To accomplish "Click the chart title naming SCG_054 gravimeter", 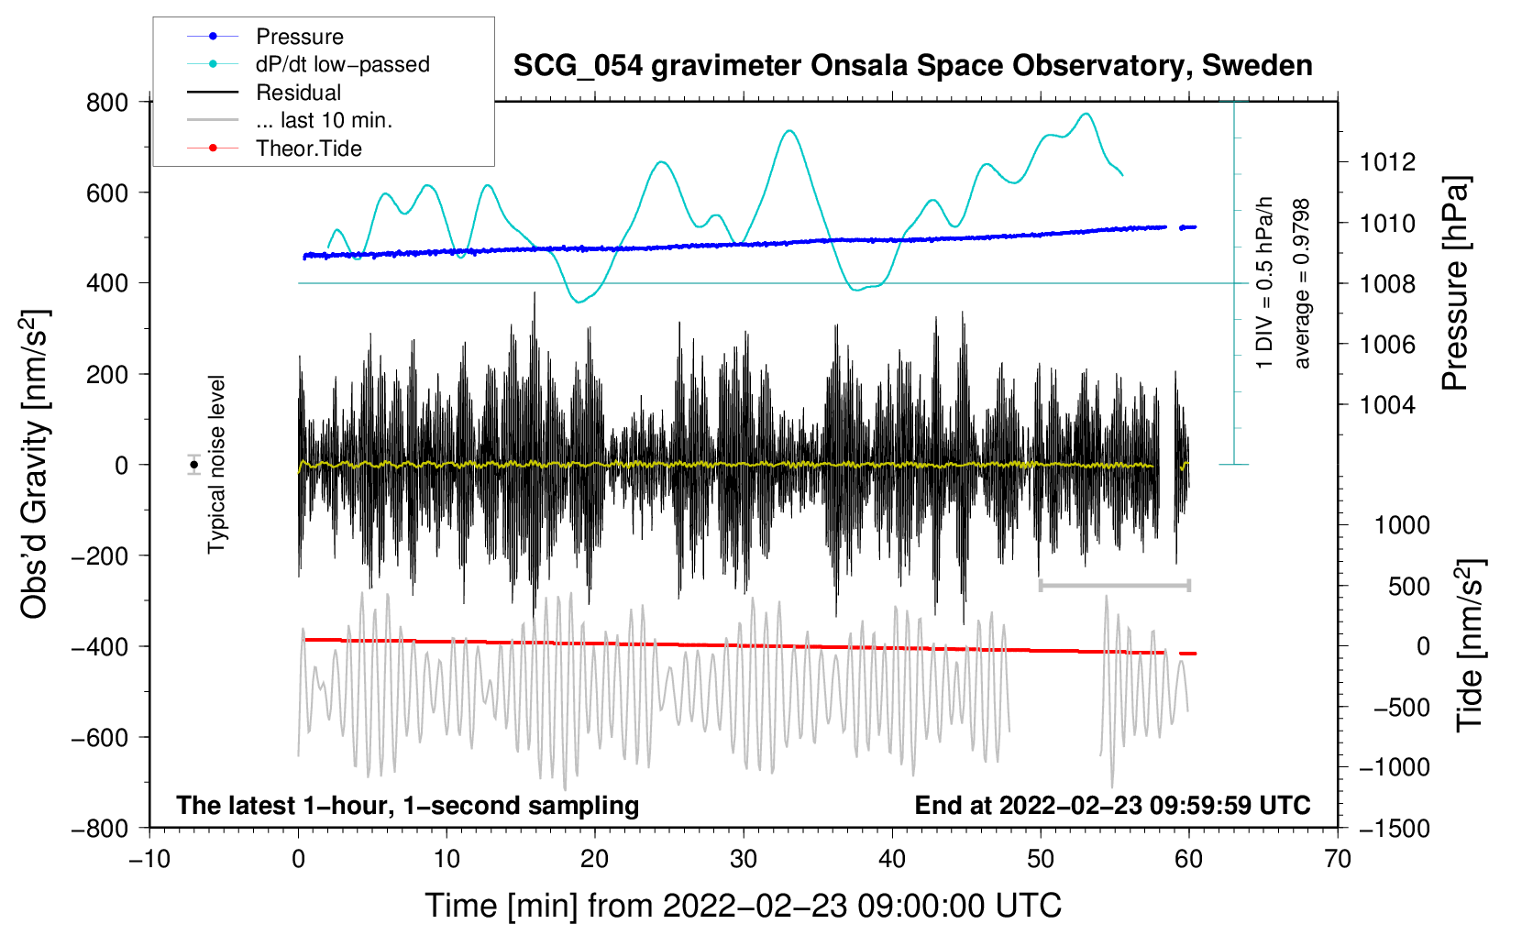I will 912,66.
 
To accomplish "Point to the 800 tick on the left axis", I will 107,102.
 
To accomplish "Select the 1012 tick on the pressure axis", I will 1387,162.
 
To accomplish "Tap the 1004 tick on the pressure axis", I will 1387,404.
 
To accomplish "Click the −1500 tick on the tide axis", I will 1394,828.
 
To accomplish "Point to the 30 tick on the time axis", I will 744,859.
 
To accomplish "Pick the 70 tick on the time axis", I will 1338,859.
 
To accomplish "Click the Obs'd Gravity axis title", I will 35,465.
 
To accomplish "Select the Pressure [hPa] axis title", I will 1455,284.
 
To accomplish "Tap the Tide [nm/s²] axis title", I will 1469,645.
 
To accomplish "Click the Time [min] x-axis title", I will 743,906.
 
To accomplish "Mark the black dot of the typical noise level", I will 194,465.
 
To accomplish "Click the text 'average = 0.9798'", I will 1302,284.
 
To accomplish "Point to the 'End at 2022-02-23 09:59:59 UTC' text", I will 1112,805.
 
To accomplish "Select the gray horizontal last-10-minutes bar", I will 1114,585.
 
